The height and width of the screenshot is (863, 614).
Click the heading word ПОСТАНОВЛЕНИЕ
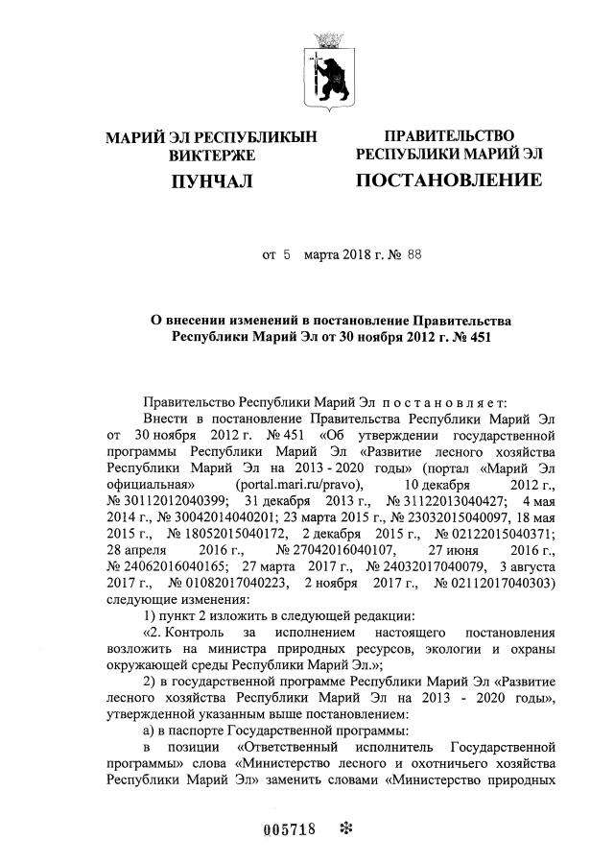[x=448, y=180]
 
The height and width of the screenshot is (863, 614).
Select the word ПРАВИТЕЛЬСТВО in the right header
[x=449, y=137]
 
